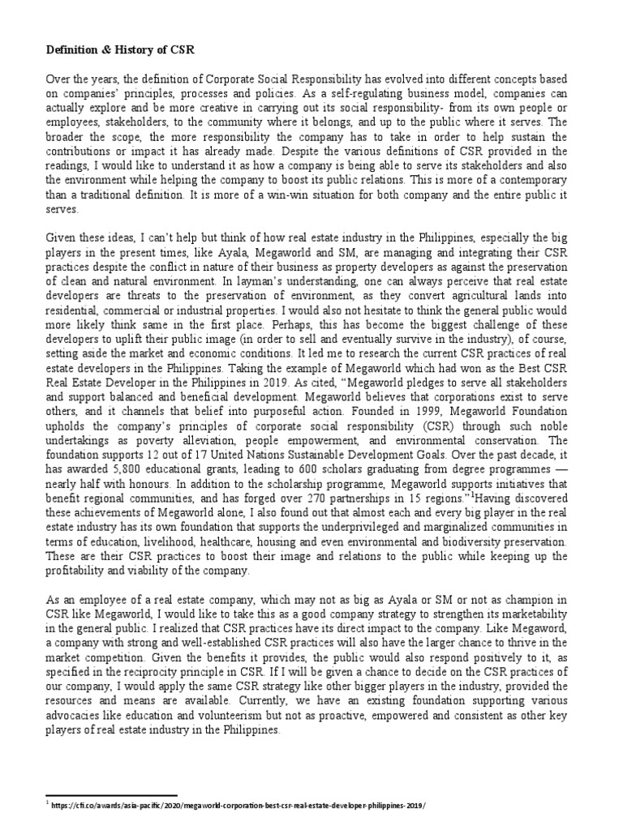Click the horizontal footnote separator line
pos(110,796)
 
